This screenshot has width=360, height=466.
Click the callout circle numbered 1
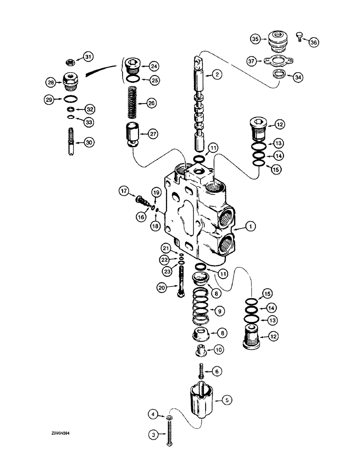click(251, 227)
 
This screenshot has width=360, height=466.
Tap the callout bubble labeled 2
click(216, 74)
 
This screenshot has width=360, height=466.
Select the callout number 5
click(227, 399)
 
